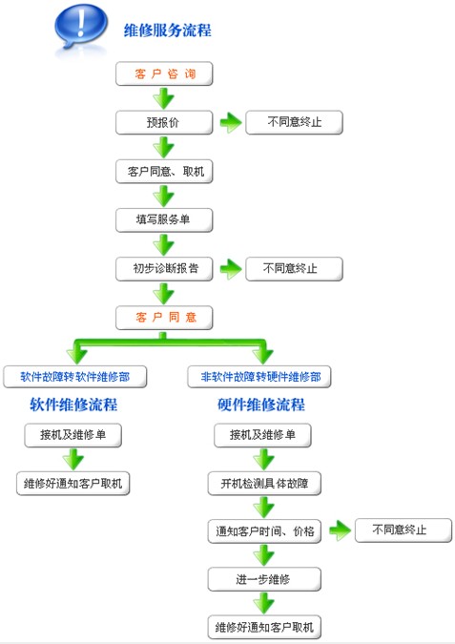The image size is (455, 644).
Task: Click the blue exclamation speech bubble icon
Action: point(81,27)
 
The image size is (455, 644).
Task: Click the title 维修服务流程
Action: point(168,31)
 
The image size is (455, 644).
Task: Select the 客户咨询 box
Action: point(164,73)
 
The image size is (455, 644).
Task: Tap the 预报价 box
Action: point(164,122)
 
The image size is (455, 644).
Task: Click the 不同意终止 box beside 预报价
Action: point(294,122)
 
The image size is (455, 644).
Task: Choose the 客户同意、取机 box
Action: point(164,172)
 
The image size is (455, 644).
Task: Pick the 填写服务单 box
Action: point(164,220)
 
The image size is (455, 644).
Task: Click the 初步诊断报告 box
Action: point(164,269)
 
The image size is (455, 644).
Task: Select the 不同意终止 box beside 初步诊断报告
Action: point(294,269)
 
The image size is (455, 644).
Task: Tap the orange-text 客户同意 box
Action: point(164,318)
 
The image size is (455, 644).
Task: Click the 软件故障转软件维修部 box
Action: point(75,377)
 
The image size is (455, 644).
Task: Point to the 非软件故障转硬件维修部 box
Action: point(259,377)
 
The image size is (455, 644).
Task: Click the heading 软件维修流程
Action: point(73,405)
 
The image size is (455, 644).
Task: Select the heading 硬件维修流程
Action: point(261,405)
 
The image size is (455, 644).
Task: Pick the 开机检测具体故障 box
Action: point(264,484)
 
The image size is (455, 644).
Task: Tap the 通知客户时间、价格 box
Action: point(264,531)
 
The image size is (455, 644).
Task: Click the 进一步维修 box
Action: point(264,579)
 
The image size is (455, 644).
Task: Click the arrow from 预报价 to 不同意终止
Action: point(231,122)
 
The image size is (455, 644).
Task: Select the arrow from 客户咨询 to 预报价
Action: point(164,99)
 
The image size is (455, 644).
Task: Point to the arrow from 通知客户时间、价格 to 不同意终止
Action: point(340,530)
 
